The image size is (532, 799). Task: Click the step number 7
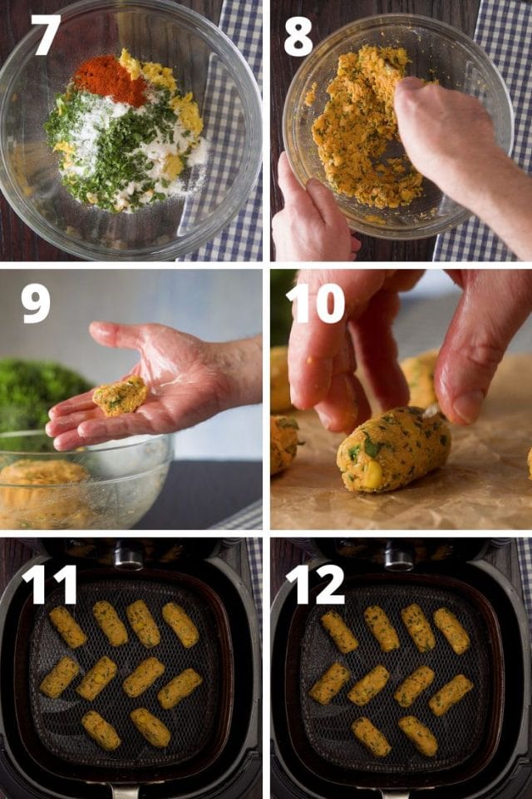pos(46,35)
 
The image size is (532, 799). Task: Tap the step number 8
pos(298,36)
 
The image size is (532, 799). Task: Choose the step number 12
pos(315,584)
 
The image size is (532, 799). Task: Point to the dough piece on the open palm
pos(120,395)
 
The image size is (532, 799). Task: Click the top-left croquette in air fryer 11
pos(66,627)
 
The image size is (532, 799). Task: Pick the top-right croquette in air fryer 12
pos(451,630)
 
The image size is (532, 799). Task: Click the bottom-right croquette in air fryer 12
pos(417,735)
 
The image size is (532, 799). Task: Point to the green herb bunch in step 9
pos(42,391)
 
